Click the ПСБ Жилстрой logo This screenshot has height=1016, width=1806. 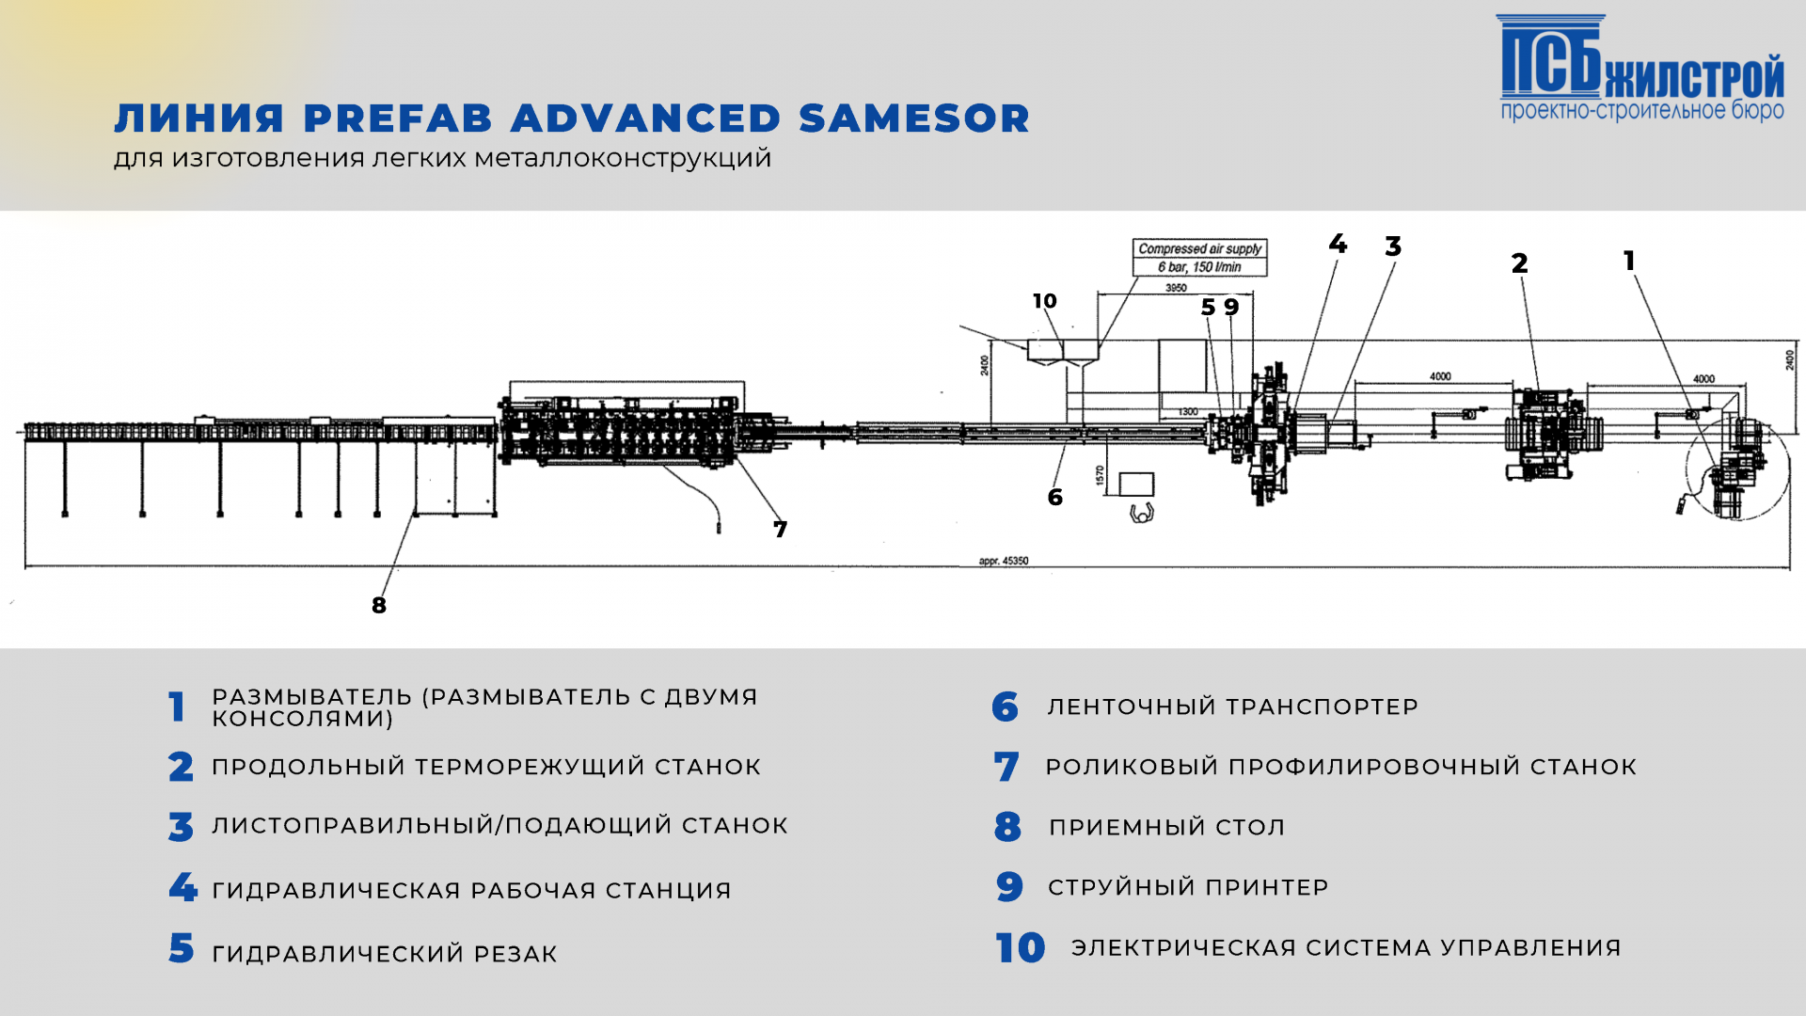pyautogui.click(x=1640, y=69)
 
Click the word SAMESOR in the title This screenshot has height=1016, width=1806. pyautogui.click(x=914, y=119)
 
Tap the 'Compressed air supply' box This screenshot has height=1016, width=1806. pyautogui.click(x=1199, y=258)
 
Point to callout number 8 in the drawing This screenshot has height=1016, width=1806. pyautogui.click(x=379, y=605)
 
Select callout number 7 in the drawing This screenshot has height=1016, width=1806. pyautogui.click(x=780, y=530)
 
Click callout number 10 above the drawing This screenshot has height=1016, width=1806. pyautogui.click(x=1045, y=301)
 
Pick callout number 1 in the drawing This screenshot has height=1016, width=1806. pyautogui.click(x=1629, y=261)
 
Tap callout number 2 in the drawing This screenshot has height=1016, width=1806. pyautogui.click(x=1519, y=263)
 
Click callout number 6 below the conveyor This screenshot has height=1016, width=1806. pyautogui.click(x=1055, y=498)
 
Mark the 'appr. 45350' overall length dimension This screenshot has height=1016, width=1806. pyautogui.click(x=1004, y=561)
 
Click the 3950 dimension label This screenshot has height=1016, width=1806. pyautogui.click(x=1176, y=288)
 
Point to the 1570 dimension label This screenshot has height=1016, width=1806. pyautogui.click(x=1100, y=476)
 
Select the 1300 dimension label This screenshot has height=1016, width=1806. pyautogui.click(x=1188, y=412)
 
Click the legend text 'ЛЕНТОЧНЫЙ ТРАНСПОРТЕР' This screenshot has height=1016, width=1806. pyautogui.click(x=1232, y=706)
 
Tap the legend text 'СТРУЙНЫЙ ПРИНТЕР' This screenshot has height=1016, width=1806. pyautogui.click(x=1188, y=887)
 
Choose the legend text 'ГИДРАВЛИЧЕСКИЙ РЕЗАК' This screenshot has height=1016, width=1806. pyautogui.click(x=385, y=954)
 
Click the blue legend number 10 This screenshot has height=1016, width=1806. pyautogui.click(x=1021, y=948)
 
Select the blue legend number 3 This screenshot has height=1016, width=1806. pyautogui.click(x=181, y=827)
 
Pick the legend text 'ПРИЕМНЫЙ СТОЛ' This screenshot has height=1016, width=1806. pyautogui.click(x=1166, y=827)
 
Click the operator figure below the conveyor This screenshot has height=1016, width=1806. pyautogui.click(x=1141, y=514)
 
